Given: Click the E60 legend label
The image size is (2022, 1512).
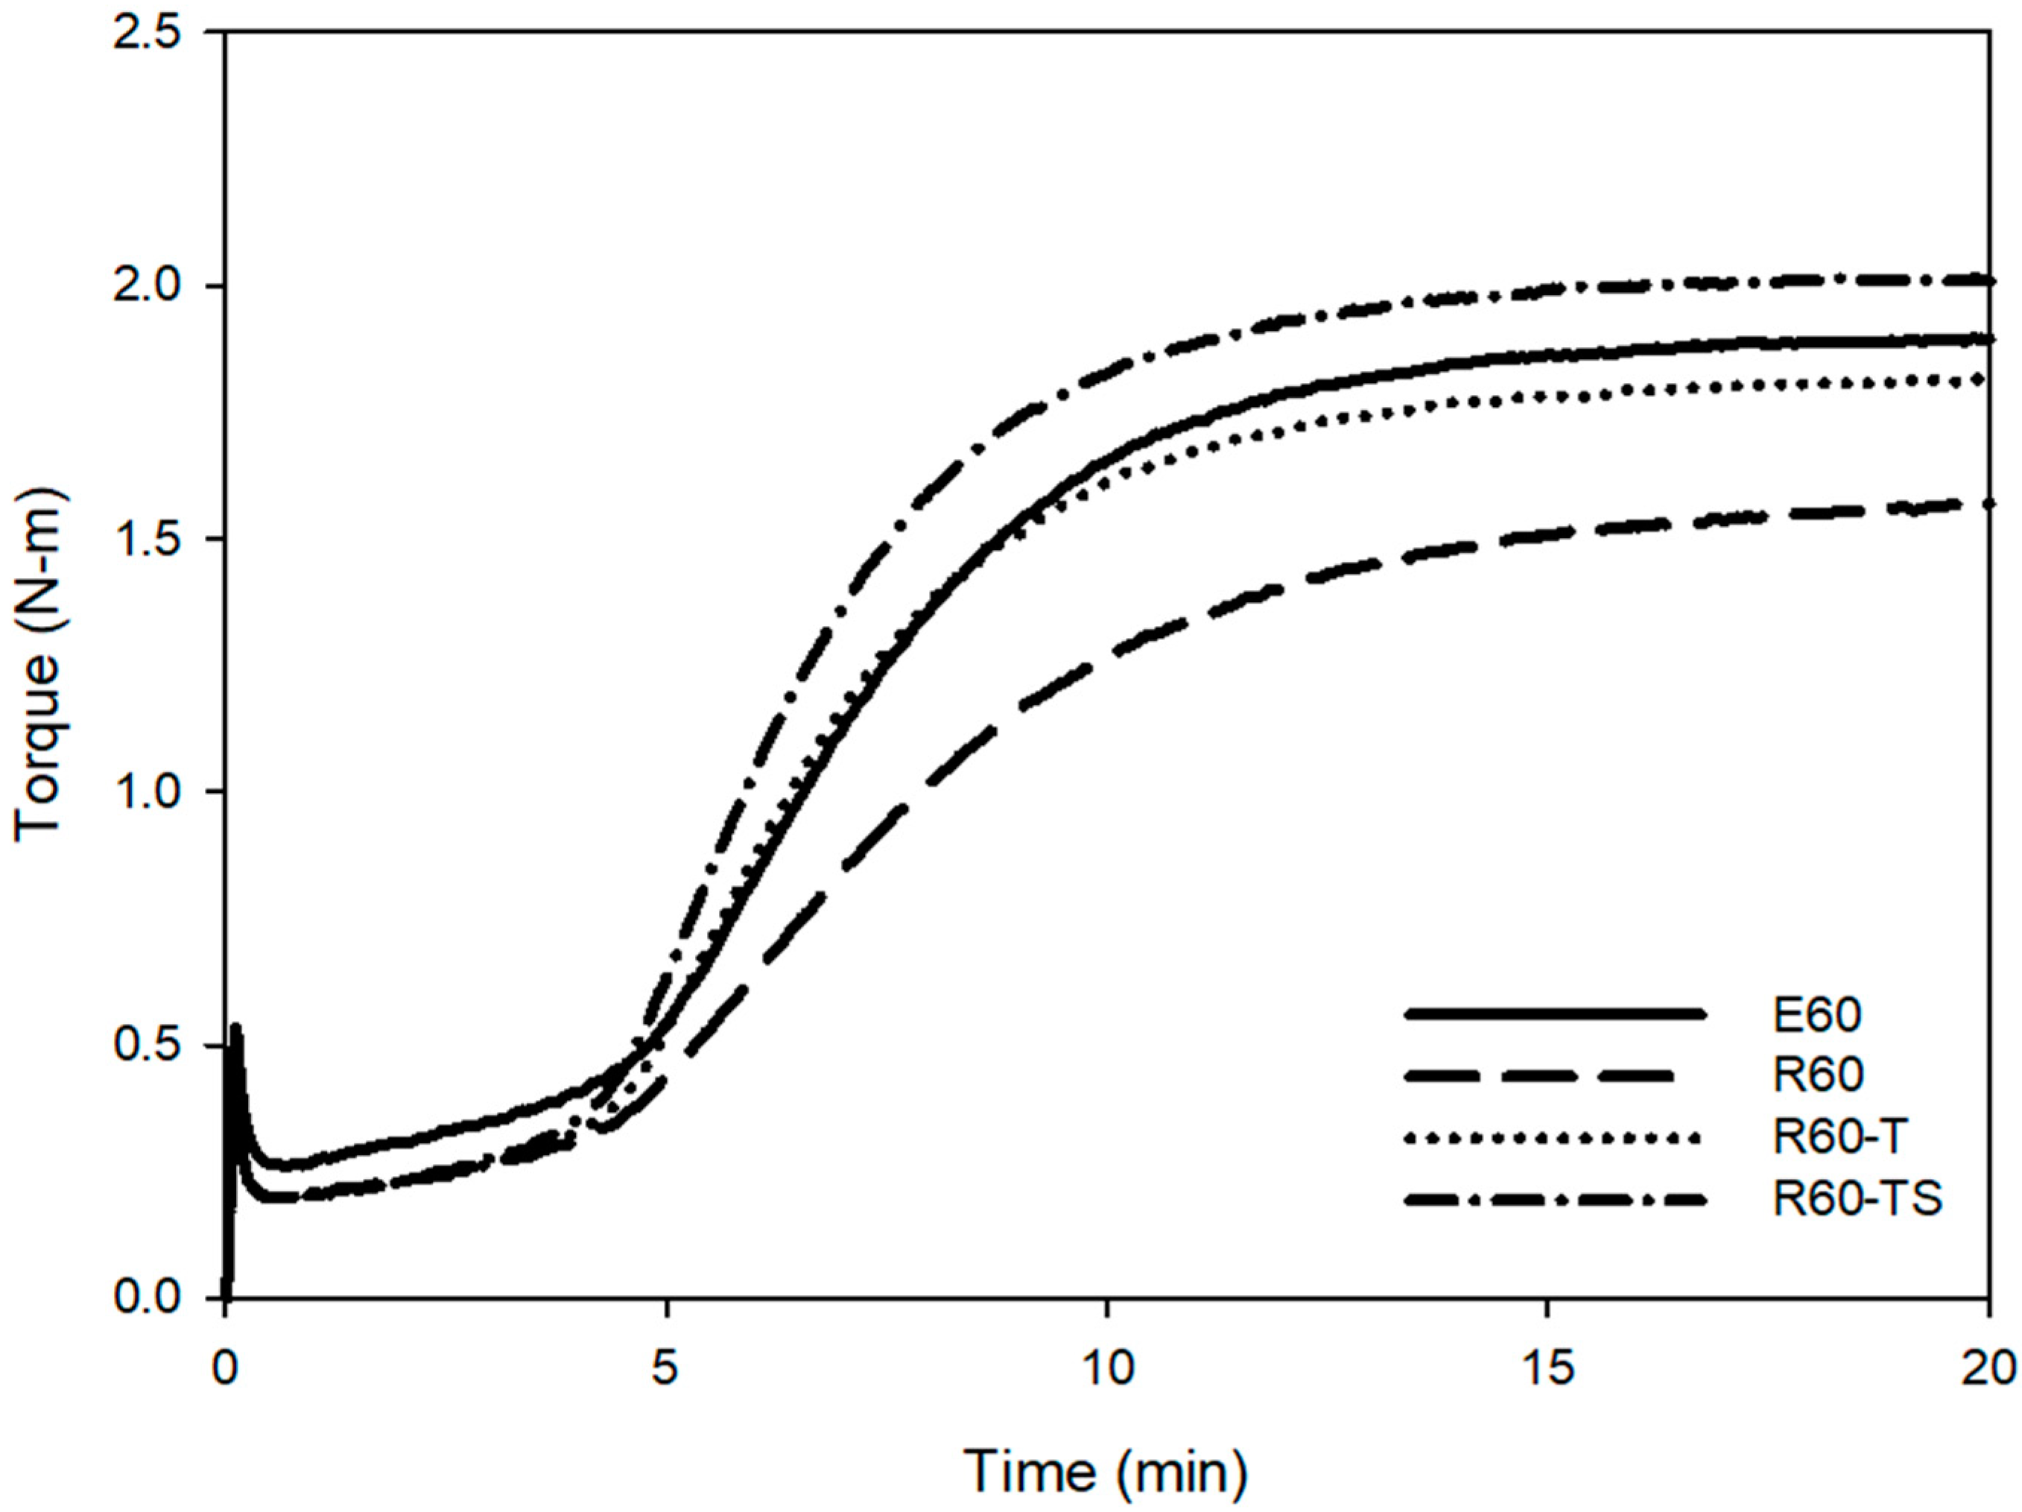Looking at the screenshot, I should click(1817, 1015).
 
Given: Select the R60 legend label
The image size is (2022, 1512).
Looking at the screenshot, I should click(1817, 1076).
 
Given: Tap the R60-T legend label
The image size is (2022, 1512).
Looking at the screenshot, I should click(1837, 1138).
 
